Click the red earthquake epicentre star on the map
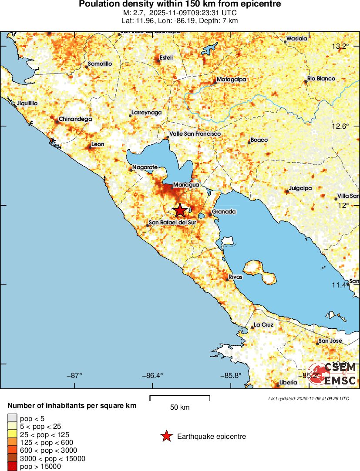(x=180, y=210)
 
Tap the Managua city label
(x=186, y=185)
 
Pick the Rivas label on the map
(x=235, y=277)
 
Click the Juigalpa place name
(x=301, y=189)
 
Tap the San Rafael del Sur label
(x=172, y=223)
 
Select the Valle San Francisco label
(x=195, y=134)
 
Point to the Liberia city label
(x=288, y=382)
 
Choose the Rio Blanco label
(x=321, y=79)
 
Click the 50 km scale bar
(x=180, y=398)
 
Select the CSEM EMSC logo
(x=333, y=374)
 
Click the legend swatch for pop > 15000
(x=12, y=466)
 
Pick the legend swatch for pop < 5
(x=12, y=418)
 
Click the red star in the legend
(x=166, y=436)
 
